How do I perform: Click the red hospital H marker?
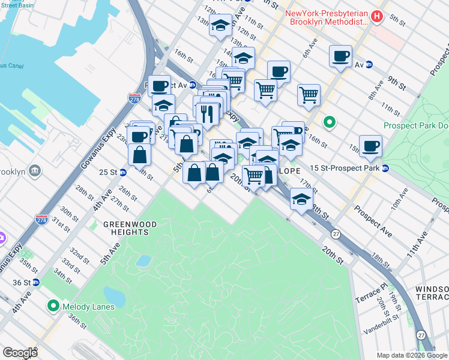point(377,16)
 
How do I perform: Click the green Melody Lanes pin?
point(54,307)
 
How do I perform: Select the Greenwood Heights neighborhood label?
point(130,228)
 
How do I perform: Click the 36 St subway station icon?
point(37,282)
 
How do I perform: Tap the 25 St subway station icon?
point(123,173)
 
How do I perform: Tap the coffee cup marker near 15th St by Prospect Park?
point(372,146)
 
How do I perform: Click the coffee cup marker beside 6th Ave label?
point(340,56)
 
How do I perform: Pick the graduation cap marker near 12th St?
point(220,26)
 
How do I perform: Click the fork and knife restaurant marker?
point(207,113)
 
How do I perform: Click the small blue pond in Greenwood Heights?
point(143,260)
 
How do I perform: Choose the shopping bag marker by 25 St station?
point(139,154)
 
